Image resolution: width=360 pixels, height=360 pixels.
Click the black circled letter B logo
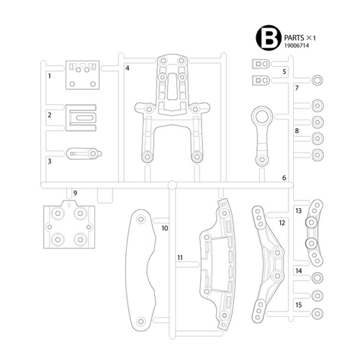pyautogui.click(x=269, y=37)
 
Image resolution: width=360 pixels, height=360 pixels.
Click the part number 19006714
pyautogui.click(x=297, y=45)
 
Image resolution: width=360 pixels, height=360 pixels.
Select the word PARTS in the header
pyautogui.click(x=294, y=38)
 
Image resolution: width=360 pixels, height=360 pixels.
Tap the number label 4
pyautogui.click(x=127, y=68)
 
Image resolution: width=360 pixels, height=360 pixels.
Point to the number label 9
pyautogui.click(x=75, y=193)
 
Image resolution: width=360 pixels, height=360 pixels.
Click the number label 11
pyautogui.click(x=180, y=258)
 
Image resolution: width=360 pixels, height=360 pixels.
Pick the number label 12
pyautogui.click(x=282, y=223)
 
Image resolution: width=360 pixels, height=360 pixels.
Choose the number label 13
pyautogui.click(x=298, y=211)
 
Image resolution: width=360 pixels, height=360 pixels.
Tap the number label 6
pyautogui.click(x=284, y=178)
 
